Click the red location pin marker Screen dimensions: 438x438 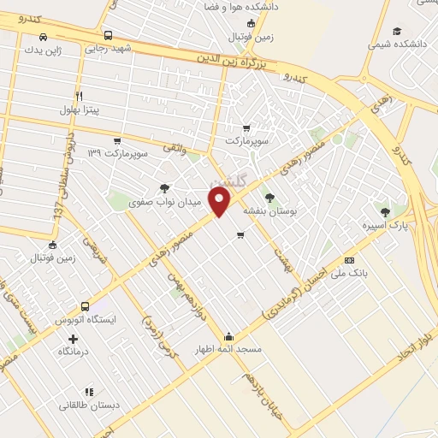point(221,202)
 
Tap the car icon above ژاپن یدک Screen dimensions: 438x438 point(43,37)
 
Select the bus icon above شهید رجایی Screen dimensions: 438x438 point(108,35)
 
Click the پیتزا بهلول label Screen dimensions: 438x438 point(80,109)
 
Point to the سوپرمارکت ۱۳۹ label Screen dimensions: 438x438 point(118,153)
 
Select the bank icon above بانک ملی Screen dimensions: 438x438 point(348,259)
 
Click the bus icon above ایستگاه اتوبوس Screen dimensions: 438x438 point(85,305)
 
